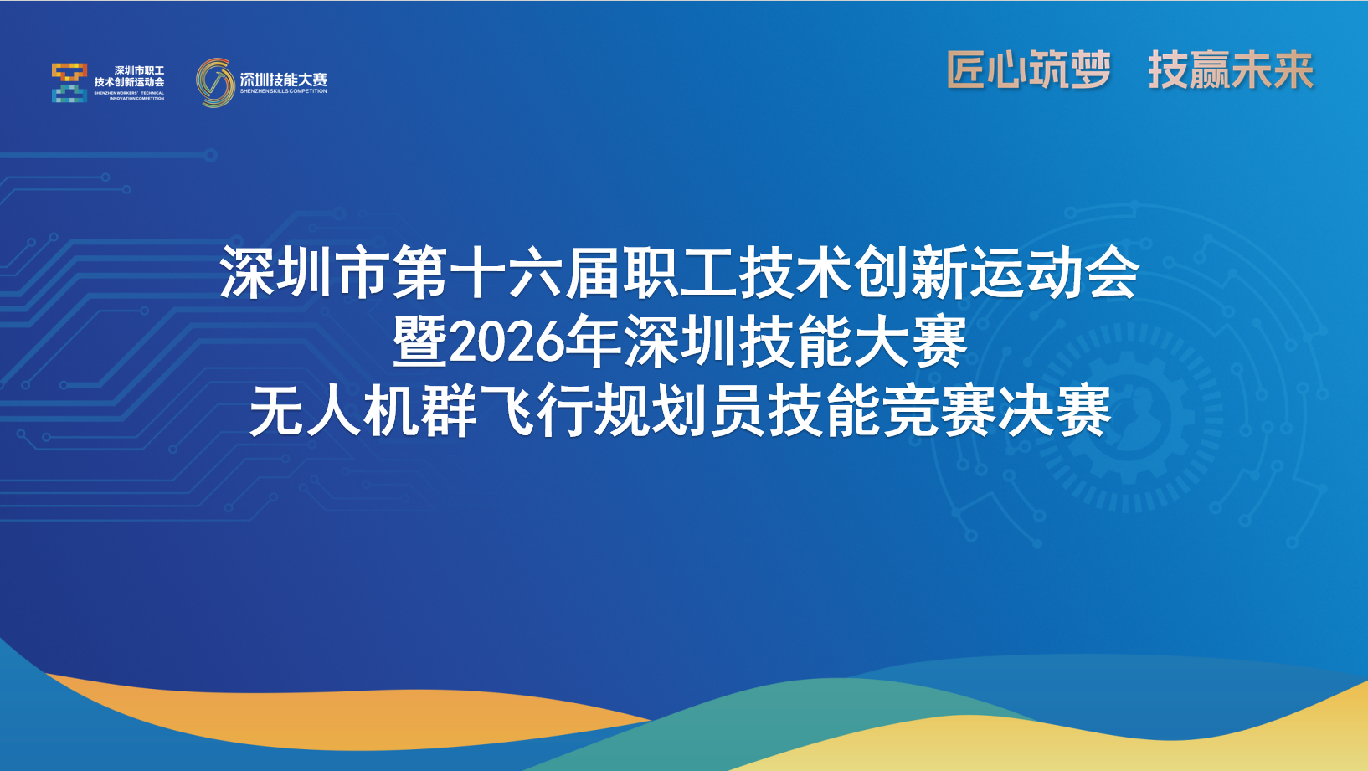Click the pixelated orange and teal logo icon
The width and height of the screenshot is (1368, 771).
coord(69,82)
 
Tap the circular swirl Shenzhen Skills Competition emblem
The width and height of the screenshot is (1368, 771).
coord(216,83)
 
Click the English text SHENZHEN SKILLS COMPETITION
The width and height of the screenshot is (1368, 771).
coord(283,91)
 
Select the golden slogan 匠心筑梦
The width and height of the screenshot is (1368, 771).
coord(1028,69)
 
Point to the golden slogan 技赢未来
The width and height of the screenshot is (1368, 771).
coord(1231,69)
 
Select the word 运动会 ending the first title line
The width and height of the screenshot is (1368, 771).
coord(1055,272)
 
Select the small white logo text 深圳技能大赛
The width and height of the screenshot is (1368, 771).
coord(283,80)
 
